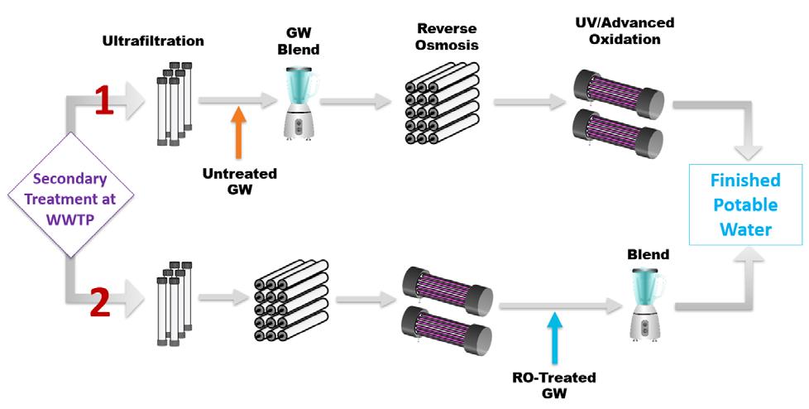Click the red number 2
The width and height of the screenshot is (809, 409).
(99, 303)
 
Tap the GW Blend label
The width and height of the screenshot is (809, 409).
(299, 40)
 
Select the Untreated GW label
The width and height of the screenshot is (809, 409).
(239, 181)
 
